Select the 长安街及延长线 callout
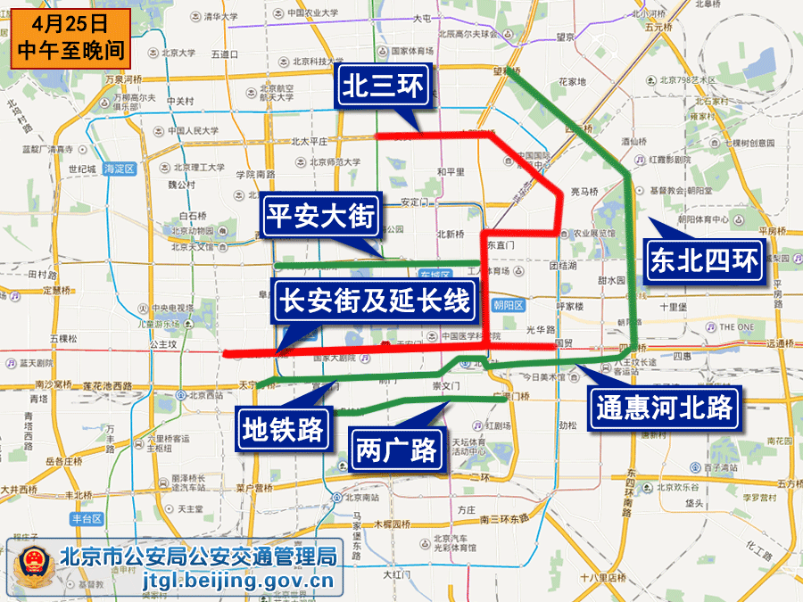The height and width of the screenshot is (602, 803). tap(374, 301)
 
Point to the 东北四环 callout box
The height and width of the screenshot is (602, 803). tap(704, 260)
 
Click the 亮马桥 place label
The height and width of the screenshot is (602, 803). tap(584, 191)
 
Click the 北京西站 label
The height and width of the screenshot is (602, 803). tap(205, 395)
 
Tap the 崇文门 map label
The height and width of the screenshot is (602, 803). tap(444, 386)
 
